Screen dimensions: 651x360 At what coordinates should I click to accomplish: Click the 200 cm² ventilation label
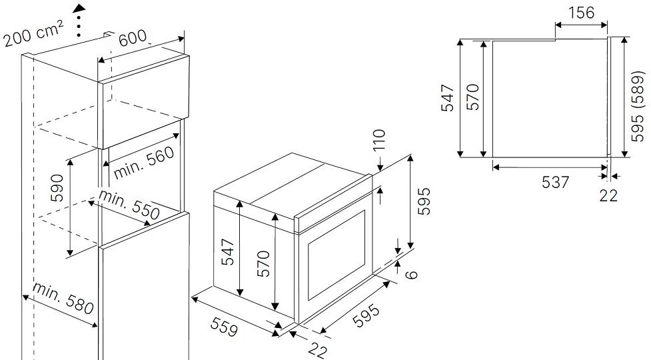33,34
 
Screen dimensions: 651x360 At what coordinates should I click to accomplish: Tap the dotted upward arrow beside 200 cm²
79,21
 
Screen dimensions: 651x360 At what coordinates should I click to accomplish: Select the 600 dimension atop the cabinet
133,38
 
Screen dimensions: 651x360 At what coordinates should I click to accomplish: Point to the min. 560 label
144,163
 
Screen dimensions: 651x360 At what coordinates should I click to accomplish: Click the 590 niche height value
57,188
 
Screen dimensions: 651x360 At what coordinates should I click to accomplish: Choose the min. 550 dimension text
129,205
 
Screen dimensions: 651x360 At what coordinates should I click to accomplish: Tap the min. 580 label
63,299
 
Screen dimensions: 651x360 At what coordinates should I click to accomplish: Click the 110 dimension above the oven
380,139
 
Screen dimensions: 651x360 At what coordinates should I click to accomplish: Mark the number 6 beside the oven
410,275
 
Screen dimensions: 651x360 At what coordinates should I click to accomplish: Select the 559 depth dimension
225,327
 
